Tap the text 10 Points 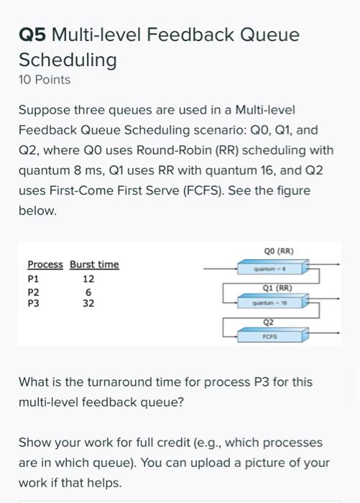click(45, 80)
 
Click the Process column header click(45, 264)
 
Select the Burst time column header click(94, 264)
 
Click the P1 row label click(33, 278)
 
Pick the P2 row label click(33, 292)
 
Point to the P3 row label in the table click(33, 303)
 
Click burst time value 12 click(89, 278)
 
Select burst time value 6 click(88, 292)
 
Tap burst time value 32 click(89, 303)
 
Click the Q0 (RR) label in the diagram click(279, 251)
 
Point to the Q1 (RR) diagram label click(278, 287)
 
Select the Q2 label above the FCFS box click(269, 323)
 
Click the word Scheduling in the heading click(68, 60)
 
